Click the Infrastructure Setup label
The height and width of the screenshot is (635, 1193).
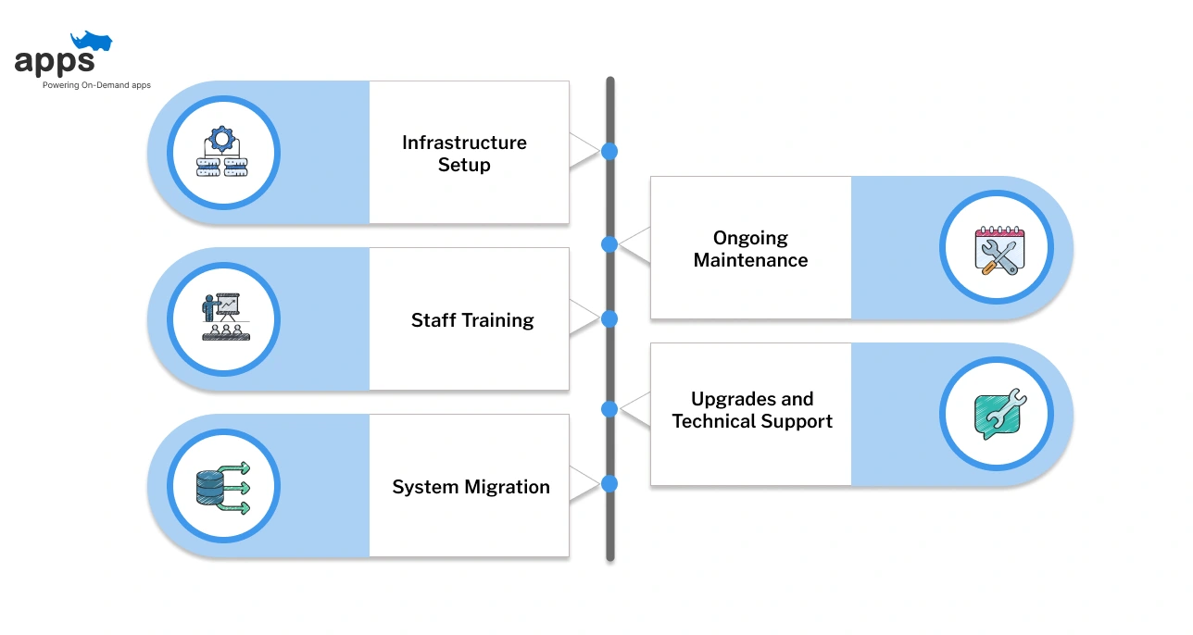pyautogui.click(x=464, y=154)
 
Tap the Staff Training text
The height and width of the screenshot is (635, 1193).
pyautogui.click(x=472, y=320)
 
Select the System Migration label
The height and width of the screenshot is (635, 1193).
pyautogui.click(x=471, y=487)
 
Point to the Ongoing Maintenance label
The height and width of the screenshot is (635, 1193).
pyautogui.click(x=750, y=249)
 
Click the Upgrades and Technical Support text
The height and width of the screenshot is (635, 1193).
pyautogui.click(x=752, y=410)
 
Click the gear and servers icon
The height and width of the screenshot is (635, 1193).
pyautogui.click(x=222, y=151)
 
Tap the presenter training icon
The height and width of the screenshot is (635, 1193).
pyautogui.click(x=226, y=317)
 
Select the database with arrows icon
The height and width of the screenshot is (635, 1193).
pyautogui.click(x=223, y=488)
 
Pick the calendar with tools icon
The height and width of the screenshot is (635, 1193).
pyautogui.click(x=999, y=250)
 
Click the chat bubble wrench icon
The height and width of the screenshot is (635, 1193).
pyautogui.click(x=999, y=414)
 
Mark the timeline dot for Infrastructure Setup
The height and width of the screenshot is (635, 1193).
pyautogui.click(x=609, y=152)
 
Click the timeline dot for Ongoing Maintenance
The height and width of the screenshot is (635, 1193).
pyautogui.click(x=609, y=244)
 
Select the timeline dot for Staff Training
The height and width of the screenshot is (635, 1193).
pyautogui.click(x=609, y=318)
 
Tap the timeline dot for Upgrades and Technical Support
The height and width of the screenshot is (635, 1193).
pyautogui.click(x=609, y=409)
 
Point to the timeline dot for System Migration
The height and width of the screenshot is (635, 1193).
pyautogui.click(x=609, y=484)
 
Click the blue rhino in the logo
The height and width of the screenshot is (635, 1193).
pyautogui.click(x=92, y=41)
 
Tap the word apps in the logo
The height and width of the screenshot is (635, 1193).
pyautogui.click(x=55, y=62)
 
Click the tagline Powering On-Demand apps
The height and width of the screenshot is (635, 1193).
pyautogui.click(x=96, y=85)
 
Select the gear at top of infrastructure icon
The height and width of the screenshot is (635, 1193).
pyautogui.click(x=221, y=139)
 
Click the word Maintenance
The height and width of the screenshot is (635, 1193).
pyautogui.click(x=750, y=260)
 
